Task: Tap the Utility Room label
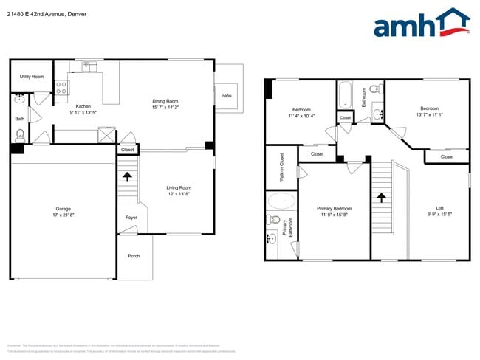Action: (x=32, y=77)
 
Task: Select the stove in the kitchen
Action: (x=62, y=89)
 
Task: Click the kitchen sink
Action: (x=86, y=66)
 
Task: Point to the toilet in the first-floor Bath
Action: (x=20, y=135)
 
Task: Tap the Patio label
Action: (x=226, y=95)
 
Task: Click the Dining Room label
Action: (x=165, y=100)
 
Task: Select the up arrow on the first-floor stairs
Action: (x=127, y=177)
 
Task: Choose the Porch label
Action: (x=134, y=256)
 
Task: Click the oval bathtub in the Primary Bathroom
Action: (x=281, y=201)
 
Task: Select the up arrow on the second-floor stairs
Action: (x=381, y=198)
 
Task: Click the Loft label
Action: (x=439, y=207)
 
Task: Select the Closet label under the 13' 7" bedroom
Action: (x=447, y=156)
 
